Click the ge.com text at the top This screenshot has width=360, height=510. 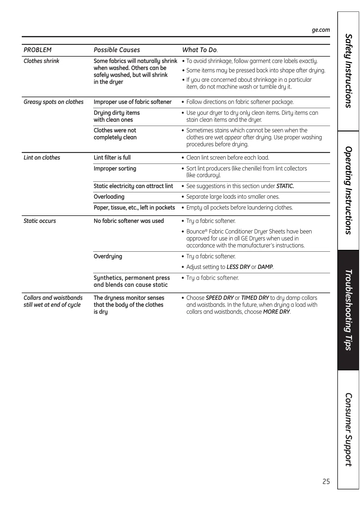320,30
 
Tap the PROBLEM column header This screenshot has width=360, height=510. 37,50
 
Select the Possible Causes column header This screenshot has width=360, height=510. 117,50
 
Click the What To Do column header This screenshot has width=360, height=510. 199,50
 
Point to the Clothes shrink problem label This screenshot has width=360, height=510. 41,61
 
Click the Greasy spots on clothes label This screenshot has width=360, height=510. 54,102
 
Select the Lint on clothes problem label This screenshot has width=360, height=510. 42,157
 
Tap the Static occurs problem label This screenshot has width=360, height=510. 40,221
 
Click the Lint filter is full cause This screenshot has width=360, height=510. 112,157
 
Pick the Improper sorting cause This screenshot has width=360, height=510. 115,168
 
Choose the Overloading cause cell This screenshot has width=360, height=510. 109,197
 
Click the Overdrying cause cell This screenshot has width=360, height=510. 108,256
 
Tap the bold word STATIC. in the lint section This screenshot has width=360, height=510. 285,186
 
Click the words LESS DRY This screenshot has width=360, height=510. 238,267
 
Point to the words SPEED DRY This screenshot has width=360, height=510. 219,298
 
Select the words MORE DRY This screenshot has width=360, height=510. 276,312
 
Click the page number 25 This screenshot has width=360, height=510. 326,482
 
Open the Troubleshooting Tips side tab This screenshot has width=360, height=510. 348,310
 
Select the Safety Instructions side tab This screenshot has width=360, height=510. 348,71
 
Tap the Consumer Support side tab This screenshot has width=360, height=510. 348,429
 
